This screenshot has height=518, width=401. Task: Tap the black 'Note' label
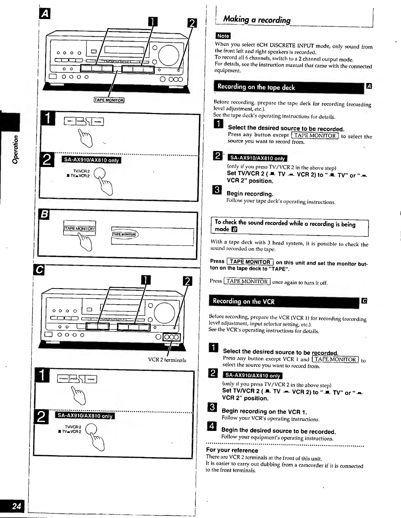click(x=223, y=36)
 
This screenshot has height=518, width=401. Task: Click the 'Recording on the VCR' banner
click(x=243, y=301)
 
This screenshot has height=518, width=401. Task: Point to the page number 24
click(x=16, y=506)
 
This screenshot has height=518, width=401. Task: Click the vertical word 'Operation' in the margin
click(x=15, y=149)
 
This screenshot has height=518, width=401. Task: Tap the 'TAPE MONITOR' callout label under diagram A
click(x=109, y=100)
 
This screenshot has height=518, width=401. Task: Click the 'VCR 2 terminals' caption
click(x=167, y=360)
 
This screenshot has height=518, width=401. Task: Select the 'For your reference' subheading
click(x=232, y=450)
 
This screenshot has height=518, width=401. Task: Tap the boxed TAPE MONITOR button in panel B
click(x=80, y=229)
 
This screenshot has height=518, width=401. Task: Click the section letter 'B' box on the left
click(x=44, y=214)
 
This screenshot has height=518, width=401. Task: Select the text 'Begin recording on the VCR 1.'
click(x=264, y=411)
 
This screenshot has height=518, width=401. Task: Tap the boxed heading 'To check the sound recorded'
click(x=285, y=226)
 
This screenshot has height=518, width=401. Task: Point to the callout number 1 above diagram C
click(x=145, y=281)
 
